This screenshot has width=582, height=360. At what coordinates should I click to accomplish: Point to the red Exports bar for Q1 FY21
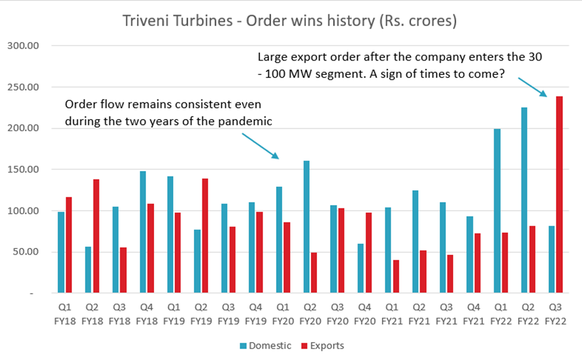pyautogui.click(x=396, y=276)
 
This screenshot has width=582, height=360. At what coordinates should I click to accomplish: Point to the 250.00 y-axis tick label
pyautogui.click(x=23, y=87)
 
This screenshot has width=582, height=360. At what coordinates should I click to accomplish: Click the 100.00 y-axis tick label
pyautogui.click(x=23, y=211)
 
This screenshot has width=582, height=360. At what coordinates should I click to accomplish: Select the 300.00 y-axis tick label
pyautogui.click(x=23, y=46)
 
